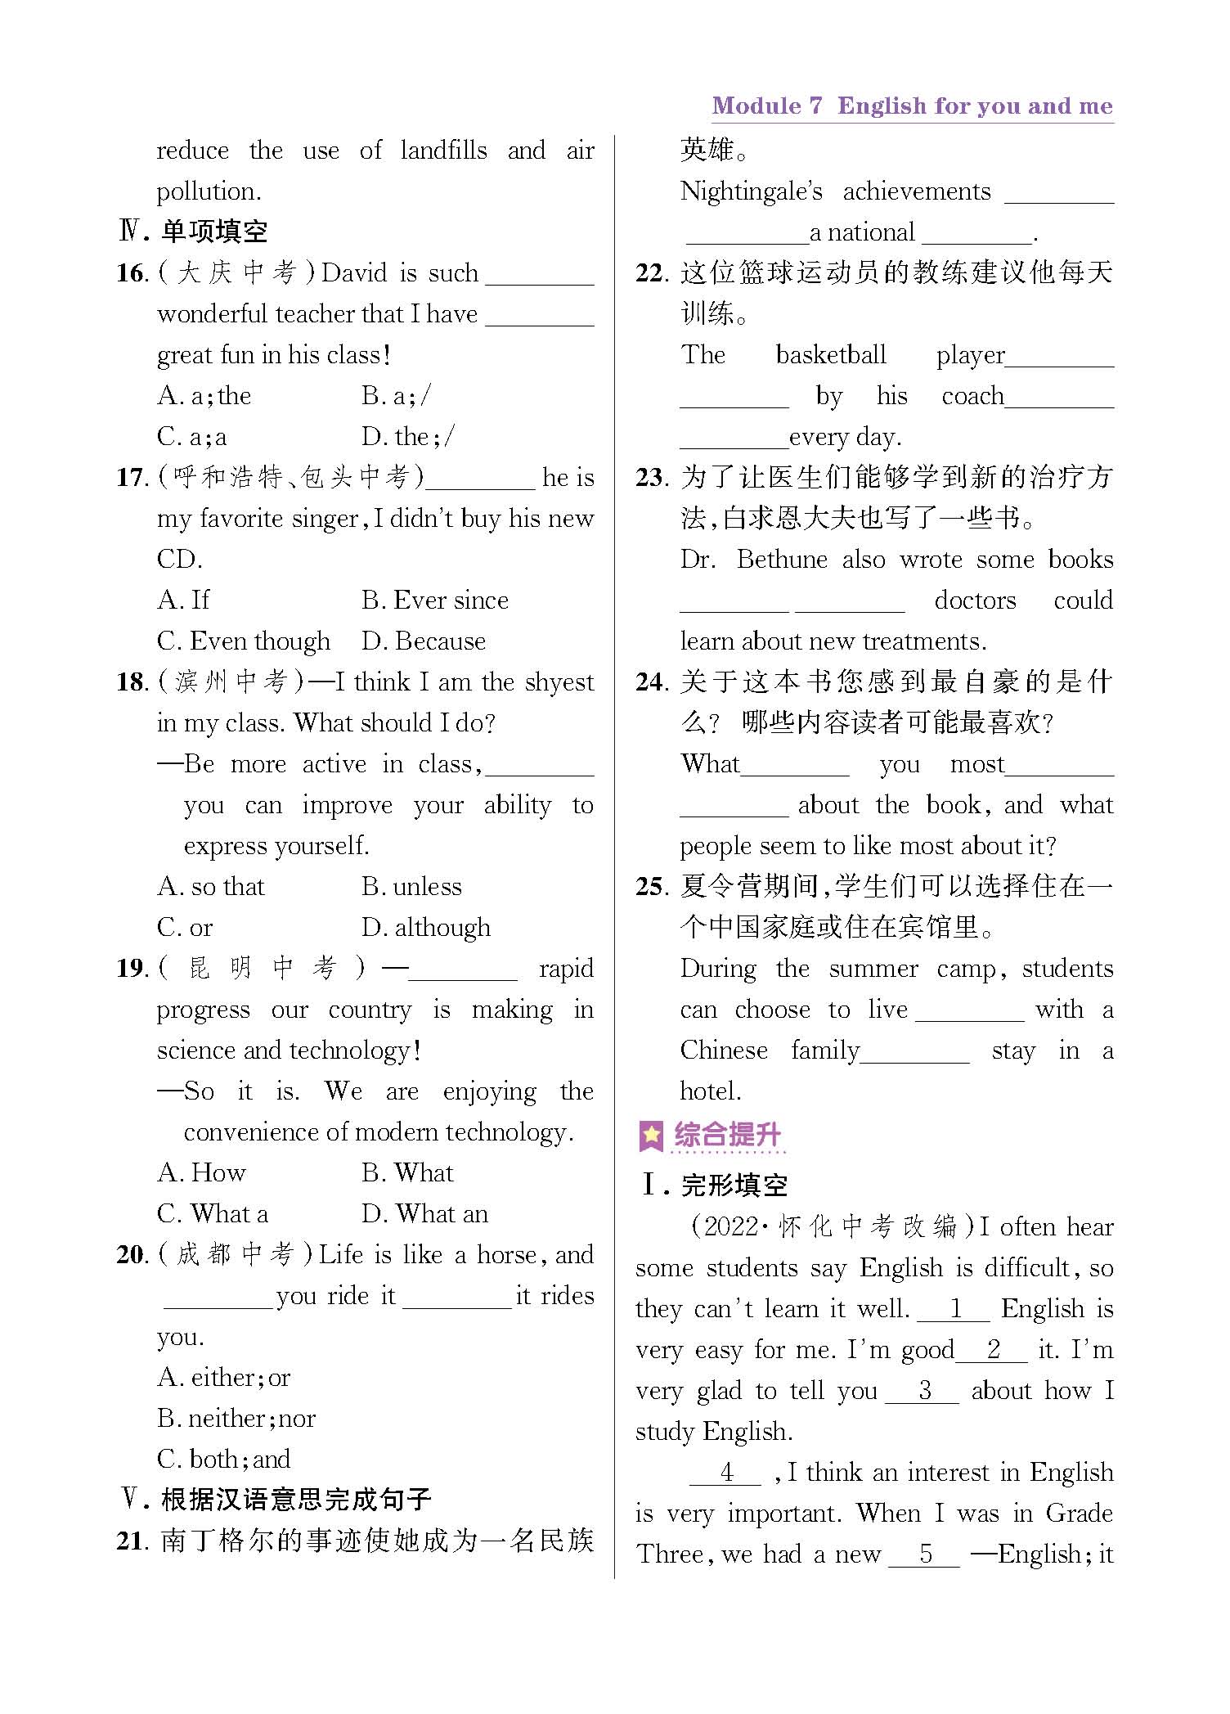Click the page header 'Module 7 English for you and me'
tap(912, 106)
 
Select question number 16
tap(131, 273)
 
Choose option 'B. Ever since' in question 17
tap(434, 601)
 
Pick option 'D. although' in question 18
tap(425, 928)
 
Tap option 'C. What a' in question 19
tap(212, 1214)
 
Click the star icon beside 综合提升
tap(651, 1136)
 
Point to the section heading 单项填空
tap(214, 232)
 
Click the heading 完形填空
tap(734, 1185)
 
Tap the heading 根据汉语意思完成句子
tap(296, 1500)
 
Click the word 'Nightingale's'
tap(751, 191)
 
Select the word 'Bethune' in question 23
tap(782, 560)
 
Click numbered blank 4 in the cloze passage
tap(725, 1473)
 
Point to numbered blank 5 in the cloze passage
tap(924, 1554)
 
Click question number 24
tap(652, 682)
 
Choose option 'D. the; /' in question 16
tap(408, 437)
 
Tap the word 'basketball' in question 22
tap(830, 355)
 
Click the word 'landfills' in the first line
tap(443, 151)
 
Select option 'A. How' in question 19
tap(201, 1173)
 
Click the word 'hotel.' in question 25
tap(711, 1091)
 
